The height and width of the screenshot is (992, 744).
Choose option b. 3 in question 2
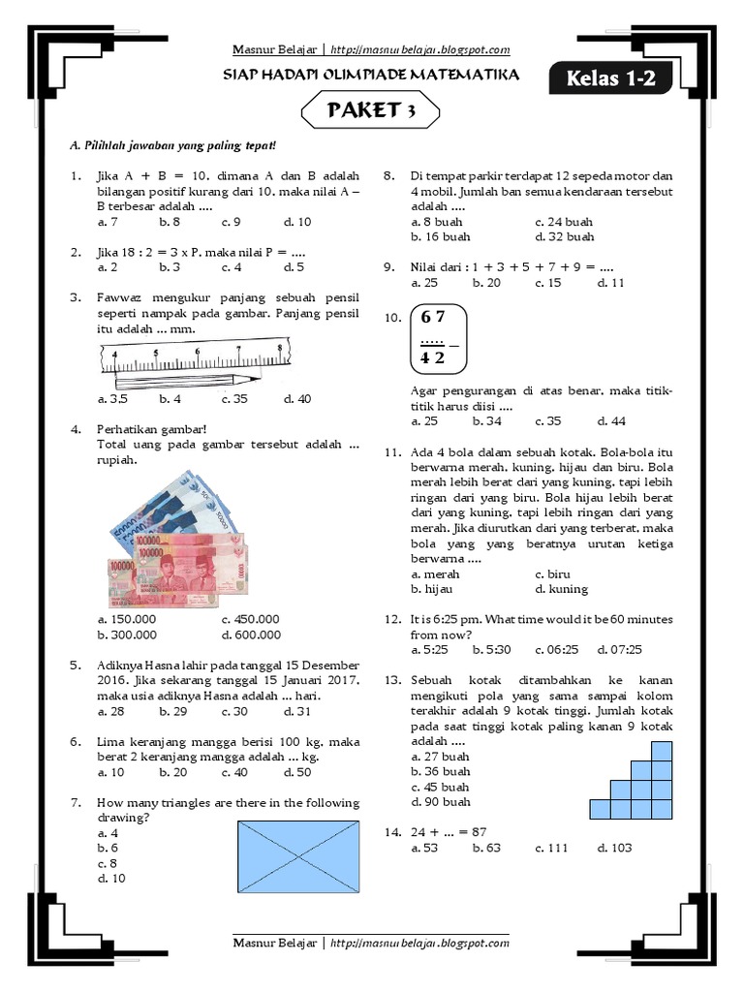[170, 267]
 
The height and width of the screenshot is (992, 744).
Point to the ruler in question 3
[194, 356]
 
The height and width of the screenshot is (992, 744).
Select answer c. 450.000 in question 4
[250, 619]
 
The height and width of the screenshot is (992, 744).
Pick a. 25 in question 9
[424, 283]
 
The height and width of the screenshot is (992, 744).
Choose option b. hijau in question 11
[432, 589]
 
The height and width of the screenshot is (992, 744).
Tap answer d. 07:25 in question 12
[620, 649]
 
